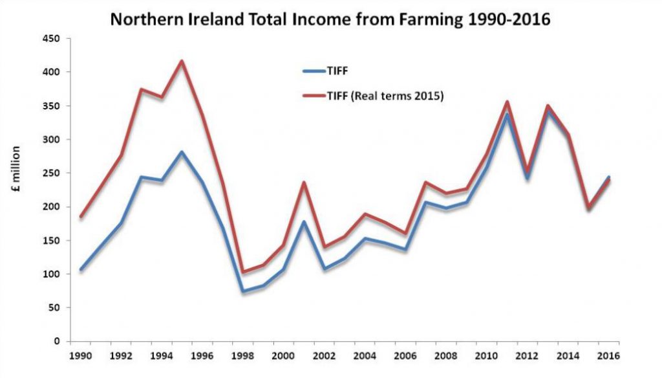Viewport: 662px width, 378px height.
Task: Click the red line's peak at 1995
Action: [x=182, y=61]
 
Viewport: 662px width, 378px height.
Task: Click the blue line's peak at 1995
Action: [x=182, y=152]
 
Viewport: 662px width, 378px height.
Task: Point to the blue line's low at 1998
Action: [x=242, y=291]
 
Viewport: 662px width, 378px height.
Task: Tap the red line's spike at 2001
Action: [x=304, y=183]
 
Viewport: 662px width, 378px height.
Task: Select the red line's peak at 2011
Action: [x=507, y=102]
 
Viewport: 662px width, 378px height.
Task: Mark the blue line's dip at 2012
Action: [x=528, y=178]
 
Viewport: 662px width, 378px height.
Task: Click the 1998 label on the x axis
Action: [x=243, y=355]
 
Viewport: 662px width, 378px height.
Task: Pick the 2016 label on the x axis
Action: [x=608, y=355]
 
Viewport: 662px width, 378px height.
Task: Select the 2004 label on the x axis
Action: [x=365, y=355]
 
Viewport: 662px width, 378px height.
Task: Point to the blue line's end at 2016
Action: [x=608, y=177]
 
